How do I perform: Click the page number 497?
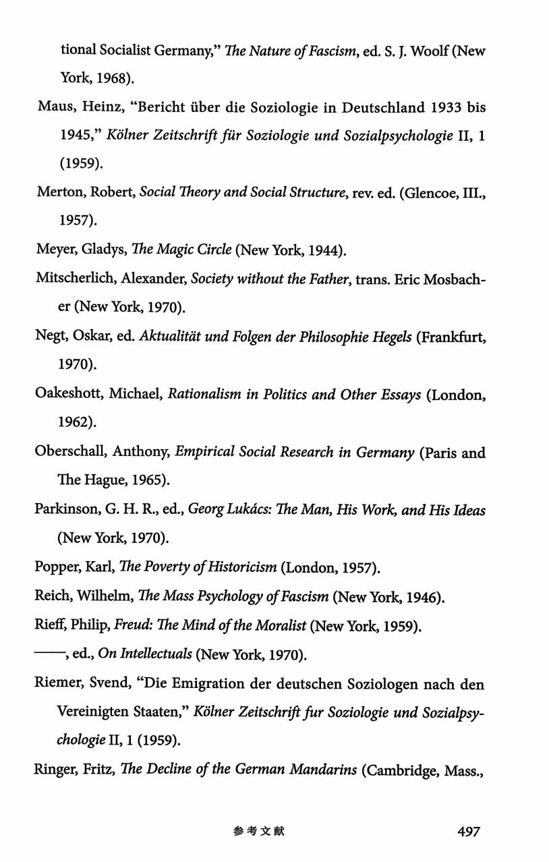click(x=468, y=832)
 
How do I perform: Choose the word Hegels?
click(x=386, y=338)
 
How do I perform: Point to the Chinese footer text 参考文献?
click(x=259, y=832)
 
